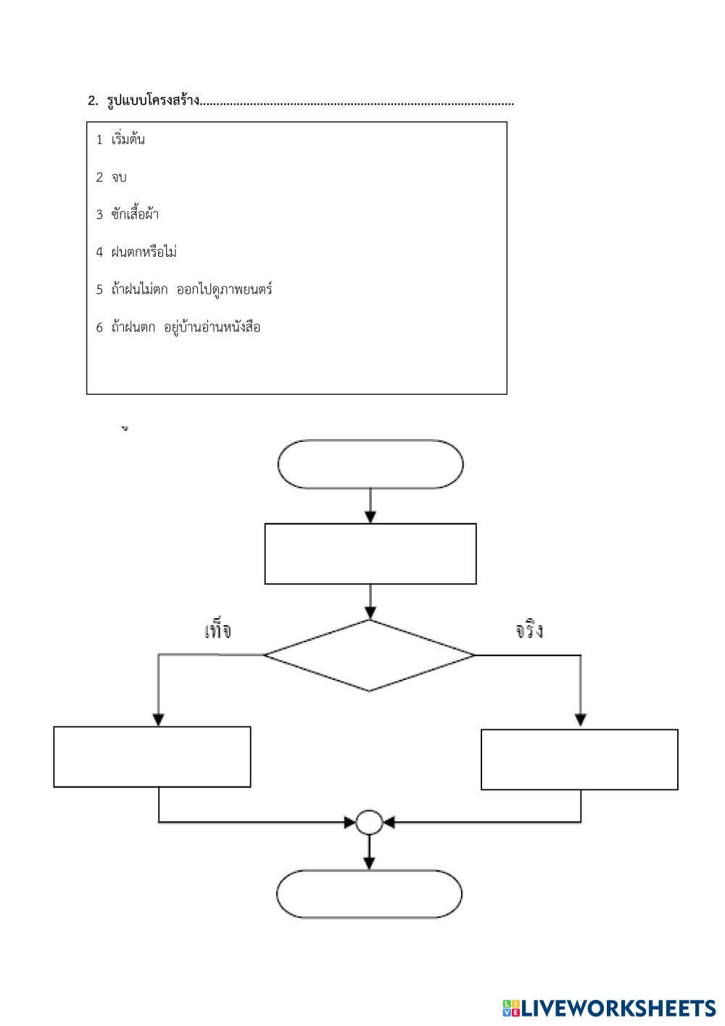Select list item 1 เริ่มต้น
pos(128,139)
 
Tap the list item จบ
pos(119,178)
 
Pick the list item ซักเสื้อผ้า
pos(135,215)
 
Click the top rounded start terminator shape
pos(370,464)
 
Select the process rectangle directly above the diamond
pos(370,554)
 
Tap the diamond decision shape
pos(370,655)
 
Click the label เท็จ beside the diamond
pos(217,631)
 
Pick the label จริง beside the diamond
pos(529,631)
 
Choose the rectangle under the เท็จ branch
pos(152,757)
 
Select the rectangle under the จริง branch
pos(579,760)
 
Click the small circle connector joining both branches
pos(369,822)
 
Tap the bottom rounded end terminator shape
pos(369,894)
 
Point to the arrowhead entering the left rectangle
pos(159,719)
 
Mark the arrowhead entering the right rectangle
pos(580,720)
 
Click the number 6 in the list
pos(100,328)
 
